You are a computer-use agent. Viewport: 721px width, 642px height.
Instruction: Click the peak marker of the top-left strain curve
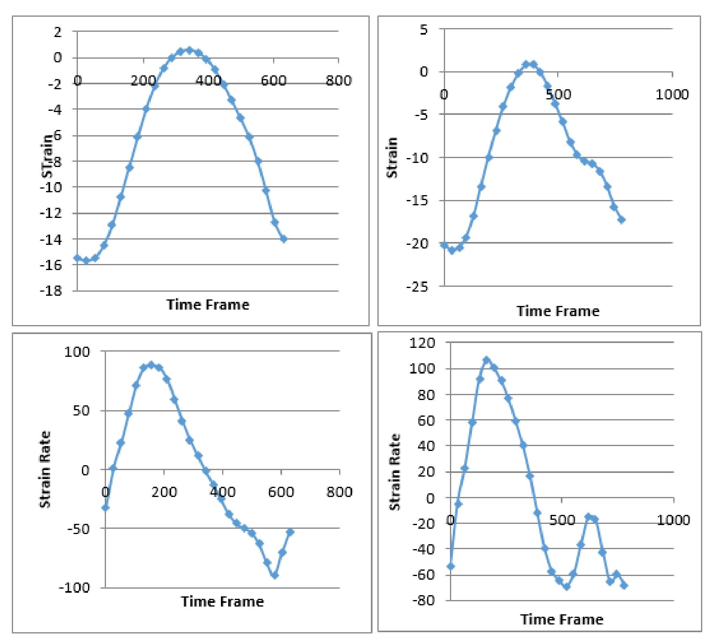[x=189, y=50]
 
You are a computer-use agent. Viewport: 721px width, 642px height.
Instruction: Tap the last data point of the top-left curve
[x=284, y=239]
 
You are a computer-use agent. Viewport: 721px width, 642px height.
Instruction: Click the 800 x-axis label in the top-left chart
[x=338, y=81]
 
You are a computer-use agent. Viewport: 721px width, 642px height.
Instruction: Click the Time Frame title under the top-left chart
[x=207, y=305]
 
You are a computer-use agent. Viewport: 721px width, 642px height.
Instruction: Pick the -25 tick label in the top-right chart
[x=417, y=287]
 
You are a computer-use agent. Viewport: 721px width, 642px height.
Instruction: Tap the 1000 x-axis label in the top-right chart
[x=672, y=95]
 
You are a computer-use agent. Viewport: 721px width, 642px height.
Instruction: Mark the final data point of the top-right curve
[x=622, y=220]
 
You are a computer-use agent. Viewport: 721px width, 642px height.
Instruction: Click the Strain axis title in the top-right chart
[x=392, y=157]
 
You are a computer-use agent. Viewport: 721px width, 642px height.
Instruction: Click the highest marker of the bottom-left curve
[x=151, y=364]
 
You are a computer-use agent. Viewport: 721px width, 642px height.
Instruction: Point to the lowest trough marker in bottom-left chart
[x=275, y=576]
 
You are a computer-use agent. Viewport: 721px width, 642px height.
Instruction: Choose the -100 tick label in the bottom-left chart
[x=74, y=587]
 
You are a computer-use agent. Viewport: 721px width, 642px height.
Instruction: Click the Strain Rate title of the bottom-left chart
[x=45, y=469]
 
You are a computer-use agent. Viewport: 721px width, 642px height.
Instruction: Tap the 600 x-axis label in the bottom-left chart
[x=280, y=492]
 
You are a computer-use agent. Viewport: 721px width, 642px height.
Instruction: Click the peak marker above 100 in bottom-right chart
[x=486, y=360]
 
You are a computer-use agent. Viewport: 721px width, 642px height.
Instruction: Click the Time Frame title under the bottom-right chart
[x=562, y=620]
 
